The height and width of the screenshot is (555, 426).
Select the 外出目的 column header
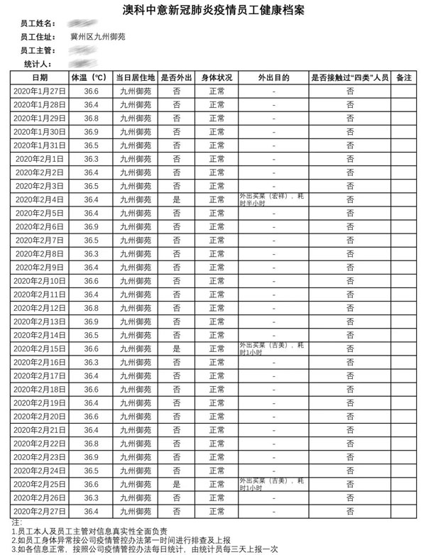pos(273,77)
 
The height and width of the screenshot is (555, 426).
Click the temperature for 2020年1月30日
pos(91,132)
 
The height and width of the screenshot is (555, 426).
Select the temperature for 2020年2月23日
pos(91,457)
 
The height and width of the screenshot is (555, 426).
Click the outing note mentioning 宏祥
pos(273,200)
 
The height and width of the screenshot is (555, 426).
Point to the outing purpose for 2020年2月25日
pos(273,484)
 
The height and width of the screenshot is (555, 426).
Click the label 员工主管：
pos(38,50)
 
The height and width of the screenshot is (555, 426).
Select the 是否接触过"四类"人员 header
pos(350,77)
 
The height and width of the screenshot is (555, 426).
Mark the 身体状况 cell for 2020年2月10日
pos(217,281)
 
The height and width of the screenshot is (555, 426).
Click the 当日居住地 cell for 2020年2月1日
pos(135,159)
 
